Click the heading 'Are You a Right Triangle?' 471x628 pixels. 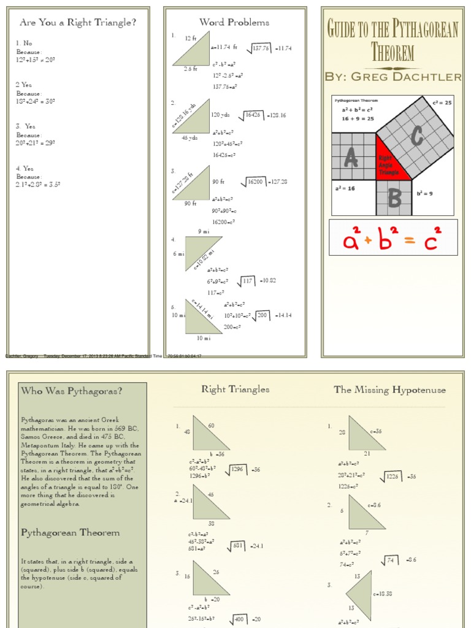78,23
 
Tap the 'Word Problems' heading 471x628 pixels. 234,23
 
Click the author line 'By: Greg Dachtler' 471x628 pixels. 392,76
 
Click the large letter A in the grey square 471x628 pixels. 351,159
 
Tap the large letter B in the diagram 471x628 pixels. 394,198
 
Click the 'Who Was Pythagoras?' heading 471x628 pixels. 71,391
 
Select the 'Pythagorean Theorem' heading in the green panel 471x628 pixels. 70,532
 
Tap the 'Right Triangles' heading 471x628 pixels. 235,389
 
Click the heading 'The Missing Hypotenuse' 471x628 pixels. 389,389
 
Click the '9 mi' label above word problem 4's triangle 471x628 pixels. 203,231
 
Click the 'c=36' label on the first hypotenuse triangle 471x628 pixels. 375,431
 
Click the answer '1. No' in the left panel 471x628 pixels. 24,44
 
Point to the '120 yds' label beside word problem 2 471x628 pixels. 220,115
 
